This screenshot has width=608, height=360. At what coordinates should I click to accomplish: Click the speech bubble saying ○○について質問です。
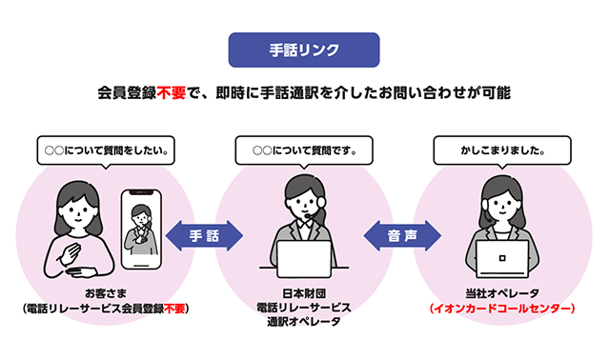304,150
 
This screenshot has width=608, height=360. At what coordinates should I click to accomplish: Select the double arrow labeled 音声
402,234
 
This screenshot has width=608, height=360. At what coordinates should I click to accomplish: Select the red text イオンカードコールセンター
502,309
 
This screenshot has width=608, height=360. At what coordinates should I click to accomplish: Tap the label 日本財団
304,292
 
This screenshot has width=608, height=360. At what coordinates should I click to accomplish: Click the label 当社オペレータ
502,292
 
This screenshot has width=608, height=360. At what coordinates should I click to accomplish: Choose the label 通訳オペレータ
304,323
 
